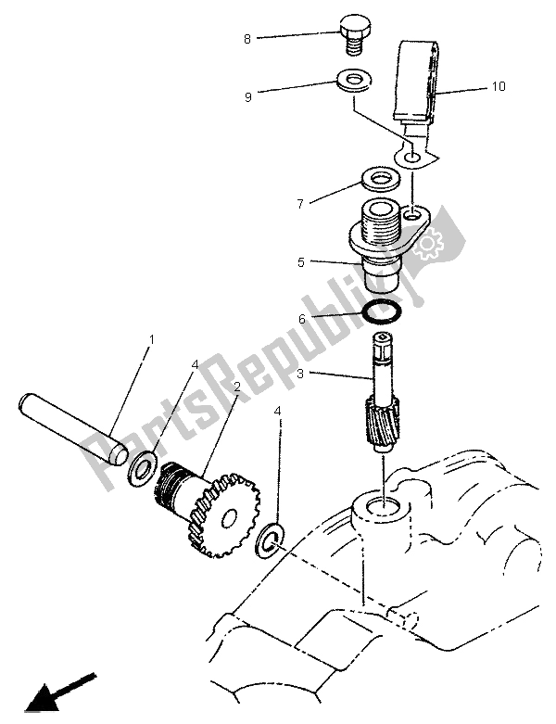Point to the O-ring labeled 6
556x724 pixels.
point(382,313)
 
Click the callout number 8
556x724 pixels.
point(246,38)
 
